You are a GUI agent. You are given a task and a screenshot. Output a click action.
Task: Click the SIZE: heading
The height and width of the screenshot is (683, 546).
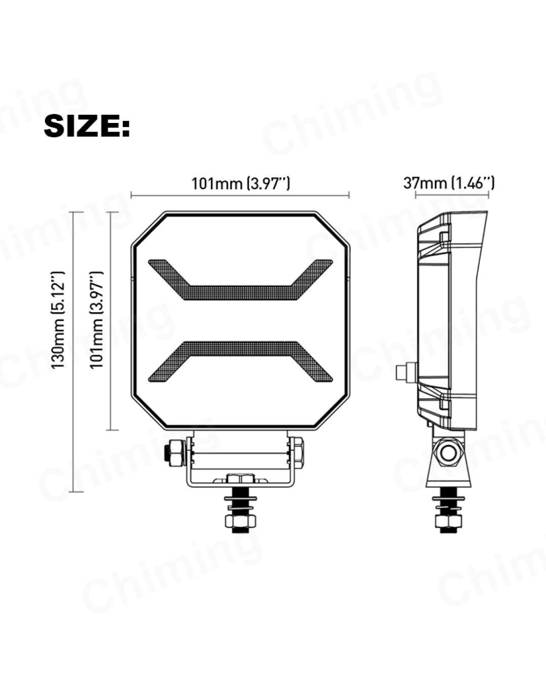87,126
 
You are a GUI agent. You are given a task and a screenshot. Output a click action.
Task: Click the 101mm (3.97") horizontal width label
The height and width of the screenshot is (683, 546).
241,184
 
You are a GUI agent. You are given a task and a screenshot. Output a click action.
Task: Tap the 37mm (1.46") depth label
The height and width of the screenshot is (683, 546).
449,183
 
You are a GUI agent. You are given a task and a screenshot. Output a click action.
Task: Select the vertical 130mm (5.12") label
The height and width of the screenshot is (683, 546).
58,320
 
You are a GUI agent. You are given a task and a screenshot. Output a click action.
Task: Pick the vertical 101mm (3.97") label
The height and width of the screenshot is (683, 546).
97,320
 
